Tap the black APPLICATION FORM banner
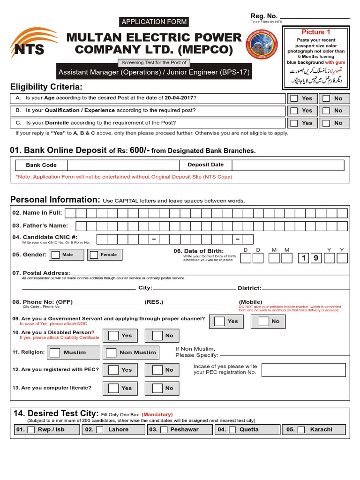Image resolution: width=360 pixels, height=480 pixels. (x=154, y=22)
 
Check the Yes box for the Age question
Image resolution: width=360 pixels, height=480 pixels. (x=294, y=98)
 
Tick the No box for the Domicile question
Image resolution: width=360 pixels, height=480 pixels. (x=326, y=123)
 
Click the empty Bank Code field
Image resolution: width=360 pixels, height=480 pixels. (x=123, y=165)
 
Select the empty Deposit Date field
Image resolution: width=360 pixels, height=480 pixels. (x=287, y=165)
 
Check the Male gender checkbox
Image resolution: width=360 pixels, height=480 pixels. (x=56, y=255)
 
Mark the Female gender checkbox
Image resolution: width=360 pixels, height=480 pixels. (x=94, y=255)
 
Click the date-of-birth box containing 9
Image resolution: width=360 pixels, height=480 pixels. (x=317, y=258)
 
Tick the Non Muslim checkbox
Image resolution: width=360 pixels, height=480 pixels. (x=111, y=352)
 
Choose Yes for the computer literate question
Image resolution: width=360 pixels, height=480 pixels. (x=113, y=388)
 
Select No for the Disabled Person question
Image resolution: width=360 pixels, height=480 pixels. (x=157, y=336)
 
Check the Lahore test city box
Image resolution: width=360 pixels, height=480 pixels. (x=99, y=429)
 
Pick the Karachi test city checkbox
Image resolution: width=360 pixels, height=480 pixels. (x=301, y=429)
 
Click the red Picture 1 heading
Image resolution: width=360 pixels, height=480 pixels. (x=315, y=32)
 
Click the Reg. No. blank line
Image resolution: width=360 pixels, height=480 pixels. (x=315, y=18)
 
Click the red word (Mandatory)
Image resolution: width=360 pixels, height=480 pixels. (x=157, y=414)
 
